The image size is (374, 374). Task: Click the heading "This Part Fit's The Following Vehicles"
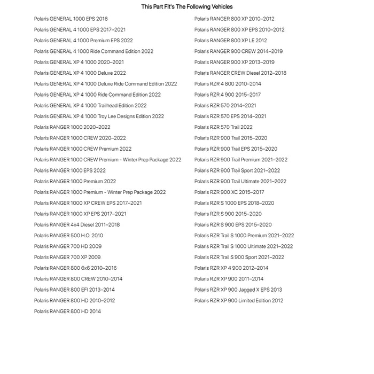pyautogui.click(x=187, y=7)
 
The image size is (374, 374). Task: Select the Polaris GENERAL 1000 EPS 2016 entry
pyautogui.click(x=71, y=19)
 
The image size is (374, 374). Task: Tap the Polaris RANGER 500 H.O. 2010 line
pyautogui.click(x=68, y=236)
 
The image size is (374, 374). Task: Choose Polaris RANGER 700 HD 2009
pyautogui.click(x=68, y=246)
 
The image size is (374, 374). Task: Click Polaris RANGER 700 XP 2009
pyautogui.click(x=67, y=257)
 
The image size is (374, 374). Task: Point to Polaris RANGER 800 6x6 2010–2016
pyautogui.click(x=75, y=268)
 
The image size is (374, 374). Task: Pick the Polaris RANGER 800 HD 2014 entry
pyautogui.click(x=67, y=311)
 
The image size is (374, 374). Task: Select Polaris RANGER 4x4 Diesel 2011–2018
pyautogui.click(x=77, y=225)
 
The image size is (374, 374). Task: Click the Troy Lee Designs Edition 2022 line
pyautogui.click(x=99, y=116)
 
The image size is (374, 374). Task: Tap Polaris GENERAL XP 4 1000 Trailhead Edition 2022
pyautogui.click(x=90, y=106)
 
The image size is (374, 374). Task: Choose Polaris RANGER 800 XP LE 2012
pyautogui.click(x=230, y=41)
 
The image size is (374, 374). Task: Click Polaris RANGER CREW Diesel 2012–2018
pyautogui.click(x=240, y=73)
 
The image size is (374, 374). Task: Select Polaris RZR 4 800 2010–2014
pyautogui.click(x=228, y=84)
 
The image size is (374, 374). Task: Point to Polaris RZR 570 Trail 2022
pyautogui.click(x=223, y=127)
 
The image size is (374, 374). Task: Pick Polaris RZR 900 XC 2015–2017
pyautogui.click(x=229, y=192)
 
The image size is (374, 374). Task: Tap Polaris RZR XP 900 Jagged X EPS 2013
pyautogui.click(x=238, y=290)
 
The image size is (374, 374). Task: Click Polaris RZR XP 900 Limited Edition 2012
pyautogui.click(x=239, y=301)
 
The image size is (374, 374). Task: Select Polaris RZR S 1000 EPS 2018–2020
pyautogui.click(x=234, y=203)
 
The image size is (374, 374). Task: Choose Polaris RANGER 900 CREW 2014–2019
pyautogui.click(x=238, y=51)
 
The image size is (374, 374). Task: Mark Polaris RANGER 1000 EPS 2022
pyautogui.click(x=70, y=170)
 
